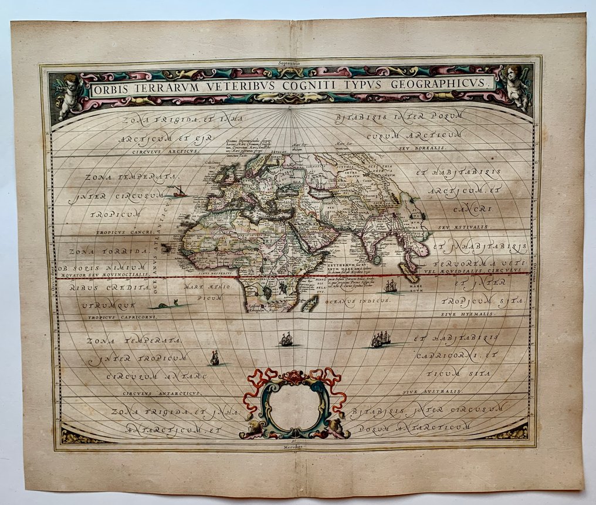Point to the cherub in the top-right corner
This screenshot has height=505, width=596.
click(516, 88)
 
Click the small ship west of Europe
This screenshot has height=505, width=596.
click(178, 191)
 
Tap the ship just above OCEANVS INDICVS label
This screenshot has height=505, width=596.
click(390, 286)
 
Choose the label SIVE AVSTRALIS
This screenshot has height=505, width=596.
click(436, 390)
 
